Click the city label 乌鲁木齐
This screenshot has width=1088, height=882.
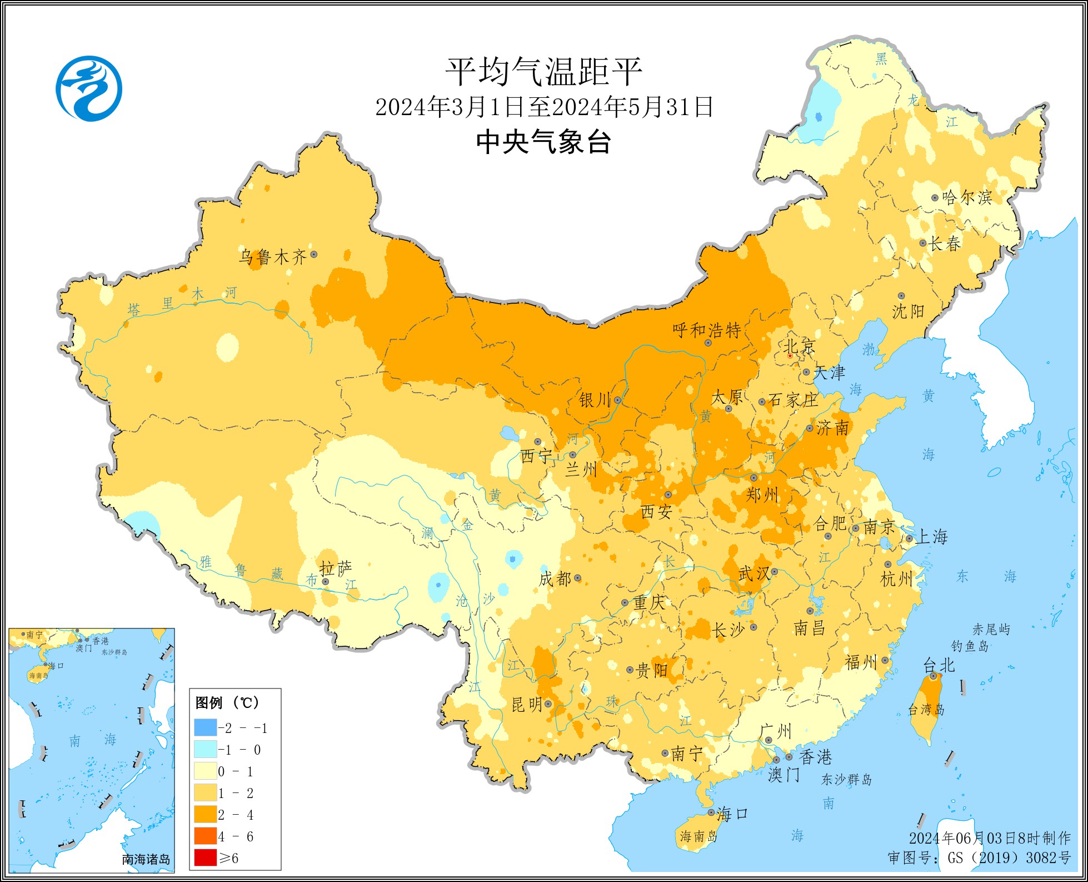click(x=272, y=257)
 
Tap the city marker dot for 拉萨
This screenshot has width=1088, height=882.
click(x=326, y=582)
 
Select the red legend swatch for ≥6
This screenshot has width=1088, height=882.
click(x=205, y=858)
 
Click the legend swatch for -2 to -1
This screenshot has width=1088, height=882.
click(x=205, y=728)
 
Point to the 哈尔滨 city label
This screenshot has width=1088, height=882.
click(x=967, y=197)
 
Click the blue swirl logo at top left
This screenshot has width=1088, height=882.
click(x=89, y=88)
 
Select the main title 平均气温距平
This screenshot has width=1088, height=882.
click(x=543, y=72)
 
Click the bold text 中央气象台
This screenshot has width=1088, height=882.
click(x=543, y=142)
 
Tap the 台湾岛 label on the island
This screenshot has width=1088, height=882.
click(x=926, y=710)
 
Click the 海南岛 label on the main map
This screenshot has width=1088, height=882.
click(x=698, y=836)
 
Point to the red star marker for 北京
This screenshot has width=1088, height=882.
click(x=790, y=355)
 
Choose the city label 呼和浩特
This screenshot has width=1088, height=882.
click(x=707, y=330)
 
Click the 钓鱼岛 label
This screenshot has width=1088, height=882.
click(x=970, y=646)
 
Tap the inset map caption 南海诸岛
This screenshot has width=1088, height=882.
click(x=146, y=859)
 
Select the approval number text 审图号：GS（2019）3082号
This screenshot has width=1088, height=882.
click(x=979, y=858)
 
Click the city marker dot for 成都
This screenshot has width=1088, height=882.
click(x=578, y=578)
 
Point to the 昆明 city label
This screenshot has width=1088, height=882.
click(x=526, y=705)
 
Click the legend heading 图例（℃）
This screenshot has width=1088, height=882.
click(x=227, y=703)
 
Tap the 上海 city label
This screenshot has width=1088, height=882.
click(x=932, y=537)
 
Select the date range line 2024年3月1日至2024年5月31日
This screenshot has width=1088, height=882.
click(x=543, y=107)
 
